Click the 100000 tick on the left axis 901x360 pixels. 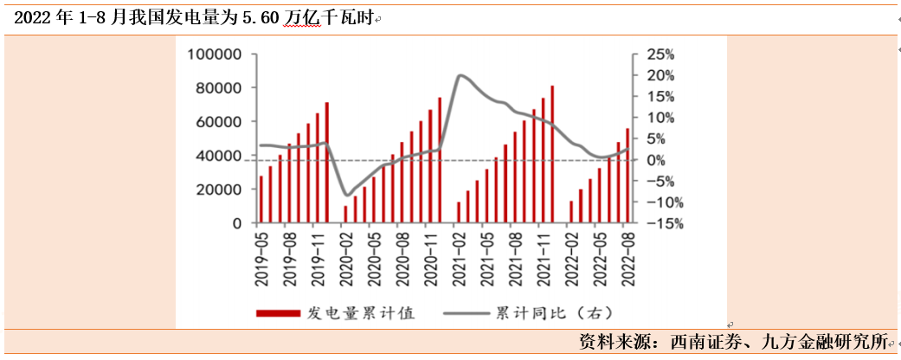point(216,55)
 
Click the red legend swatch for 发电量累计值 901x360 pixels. point(278,312)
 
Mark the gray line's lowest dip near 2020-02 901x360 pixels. point(347,195)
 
